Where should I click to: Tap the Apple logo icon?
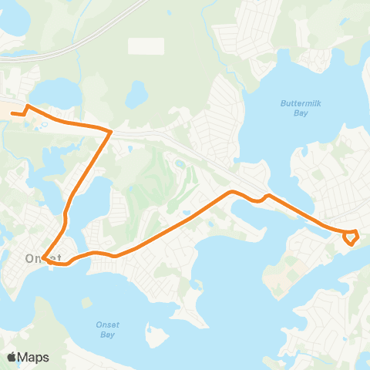pyautogui.click(x=12, y=357)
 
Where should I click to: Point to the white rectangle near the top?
pyautogui.click(x=146, y=45)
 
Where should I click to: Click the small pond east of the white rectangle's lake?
pyautogui.click(x=136, y=95)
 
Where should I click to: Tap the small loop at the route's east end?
pyautogui.click(x=351, y=237)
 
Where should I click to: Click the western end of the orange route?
pyautogui.click(x=12, y=114)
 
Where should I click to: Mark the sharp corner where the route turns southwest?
pyautogui.click(x=111, y=132)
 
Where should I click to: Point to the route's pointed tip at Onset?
pyautogui.click(x=45, y=260)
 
